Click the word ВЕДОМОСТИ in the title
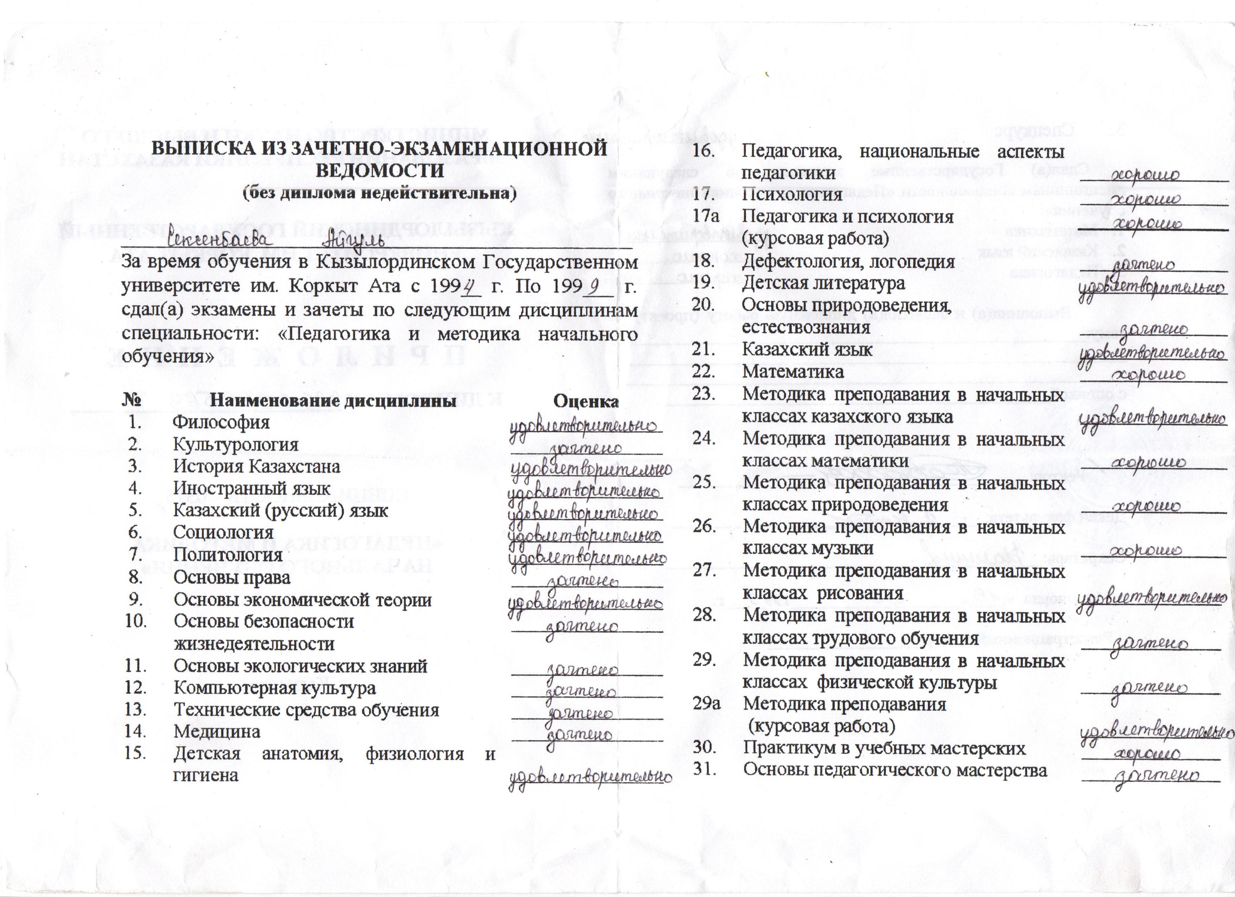(x=380, y=170)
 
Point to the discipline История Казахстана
(x=256, y=466)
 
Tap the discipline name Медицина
(x=217, y=732)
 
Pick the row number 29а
(x=706, y=704)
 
